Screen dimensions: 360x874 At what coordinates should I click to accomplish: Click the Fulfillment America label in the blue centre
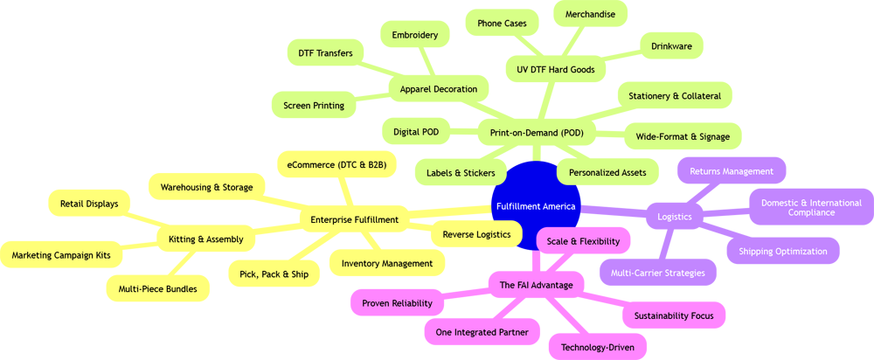(536, 207)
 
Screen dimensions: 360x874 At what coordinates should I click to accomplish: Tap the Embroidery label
(415, 36)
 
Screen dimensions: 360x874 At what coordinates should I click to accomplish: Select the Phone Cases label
(502, 24)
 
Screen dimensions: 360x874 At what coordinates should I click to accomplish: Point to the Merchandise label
(590, 15)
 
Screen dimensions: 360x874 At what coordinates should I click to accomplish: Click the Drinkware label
(671, 46)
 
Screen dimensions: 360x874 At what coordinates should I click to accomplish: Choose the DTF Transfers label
(325, 53)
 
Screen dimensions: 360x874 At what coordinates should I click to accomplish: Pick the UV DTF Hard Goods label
(556, 70)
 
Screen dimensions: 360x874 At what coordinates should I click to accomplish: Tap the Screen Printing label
(314, 106)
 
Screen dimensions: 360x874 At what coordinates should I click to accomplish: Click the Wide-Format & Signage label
(683, 137)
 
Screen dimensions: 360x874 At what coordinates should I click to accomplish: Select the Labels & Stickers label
(461, 173)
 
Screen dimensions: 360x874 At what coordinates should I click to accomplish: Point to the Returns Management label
(732, 172)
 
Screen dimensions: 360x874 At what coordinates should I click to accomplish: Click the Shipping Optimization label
(783, 252)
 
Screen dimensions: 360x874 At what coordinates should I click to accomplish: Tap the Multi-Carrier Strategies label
(658, 273)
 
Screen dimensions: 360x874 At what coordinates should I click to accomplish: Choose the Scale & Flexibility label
(583, 241)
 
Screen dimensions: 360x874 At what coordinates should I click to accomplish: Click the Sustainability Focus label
(674, 316)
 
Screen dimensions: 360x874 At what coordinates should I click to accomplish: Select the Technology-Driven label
(598, 348)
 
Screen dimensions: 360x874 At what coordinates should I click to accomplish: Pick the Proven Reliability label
(397, 304)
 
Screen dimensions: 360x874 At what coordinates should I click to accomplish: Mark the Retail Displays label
(89, 204)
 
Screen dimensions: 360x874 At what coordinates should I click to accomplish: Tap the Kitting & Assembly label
(206, 239)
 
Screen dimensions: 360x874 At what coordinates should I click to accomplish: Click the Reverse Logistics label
(476, 235)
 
